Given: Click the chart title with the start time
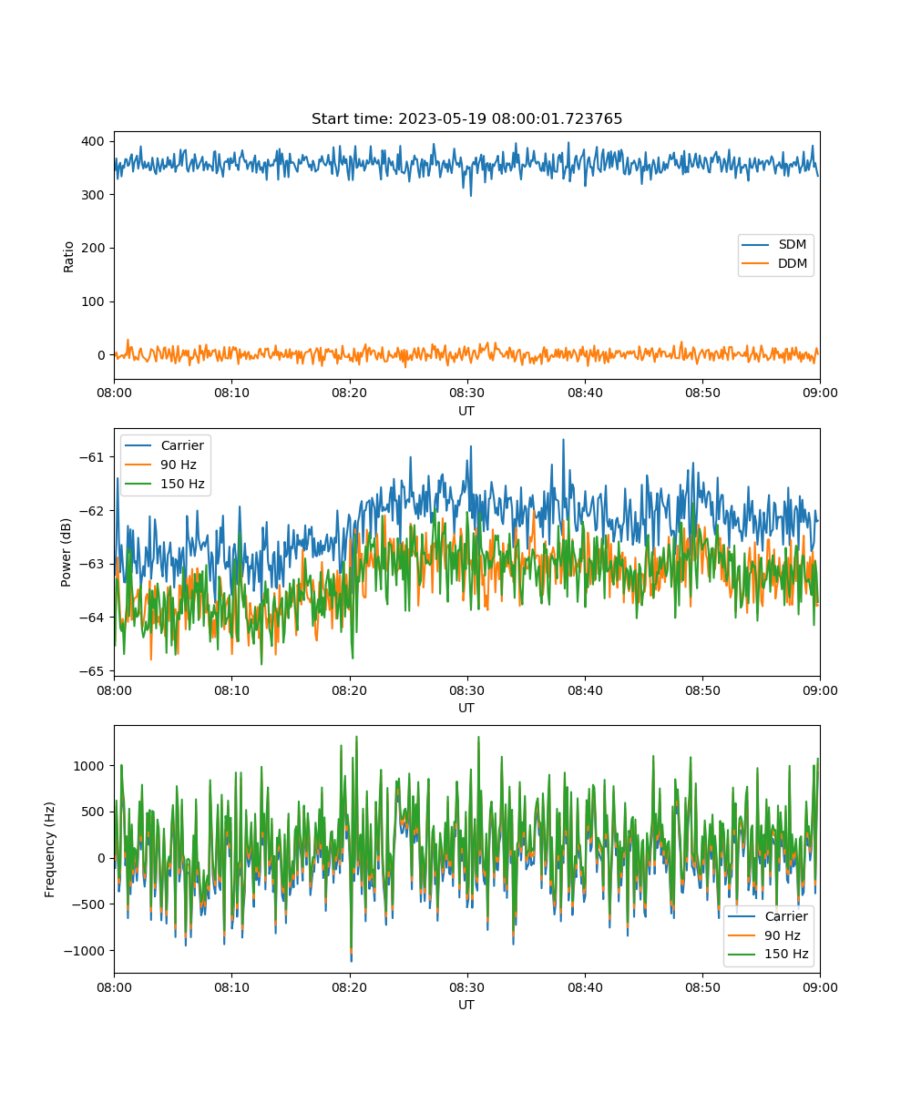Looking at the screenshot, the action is [x=466, y=118].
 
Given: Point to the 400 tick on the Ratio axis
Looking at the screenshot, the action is [x=93, y=141].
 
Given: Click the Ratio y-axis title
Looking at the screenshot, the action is [x=68, y=257].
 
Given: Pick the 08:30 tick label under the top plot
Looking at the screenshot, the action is [x=466, y=393].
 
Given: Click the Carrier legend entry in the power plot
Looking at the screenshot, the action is [x=164, y=445].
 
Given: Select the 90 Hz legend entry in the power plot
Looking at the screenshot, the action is [x=160, y=465].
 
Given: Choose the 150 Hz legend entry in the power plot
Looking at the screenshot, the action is [x=164, y=484].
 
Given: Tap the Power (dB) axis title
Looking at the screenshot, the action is [x=66, y=553].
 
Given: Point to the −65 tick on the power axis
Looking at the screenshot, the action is [x=92, y=671].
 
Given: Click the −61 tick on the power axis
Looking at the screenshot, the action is [x=92, y=457].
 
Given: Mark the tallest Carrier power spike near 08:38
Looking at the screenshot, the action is [x=563, y=440].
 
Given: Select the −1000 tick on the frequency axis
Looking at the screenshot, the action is [x=88, y=951].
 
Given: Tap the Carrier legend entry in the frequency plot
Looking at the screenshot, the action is [x=768, y=916].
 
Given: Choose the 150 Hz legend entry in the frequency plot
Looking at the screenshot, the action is [x=768, y=954].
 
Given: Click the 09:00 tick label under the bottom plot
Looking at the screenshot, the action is [x=820, y=987].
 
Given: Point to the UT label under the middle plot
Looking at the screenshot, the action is [x=466, y=708].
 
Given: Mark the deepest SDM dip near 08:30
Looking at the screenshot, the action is [x=471, y=195].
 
